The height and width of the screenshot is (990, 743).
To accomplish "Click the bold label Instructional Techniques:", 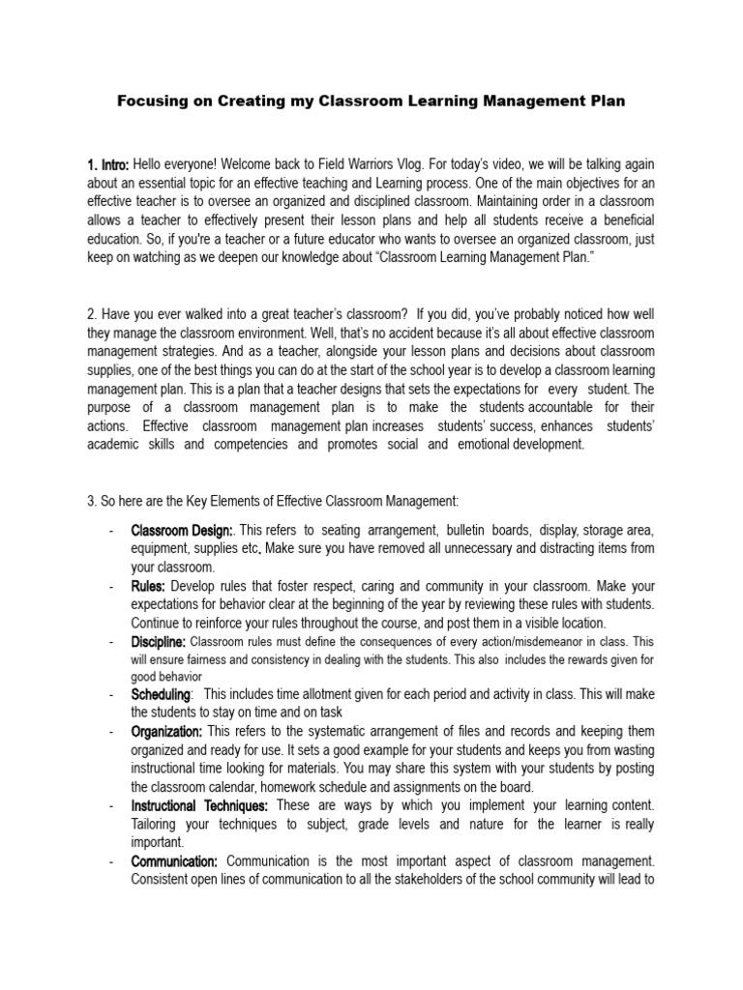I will click(x=200, y=805).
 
